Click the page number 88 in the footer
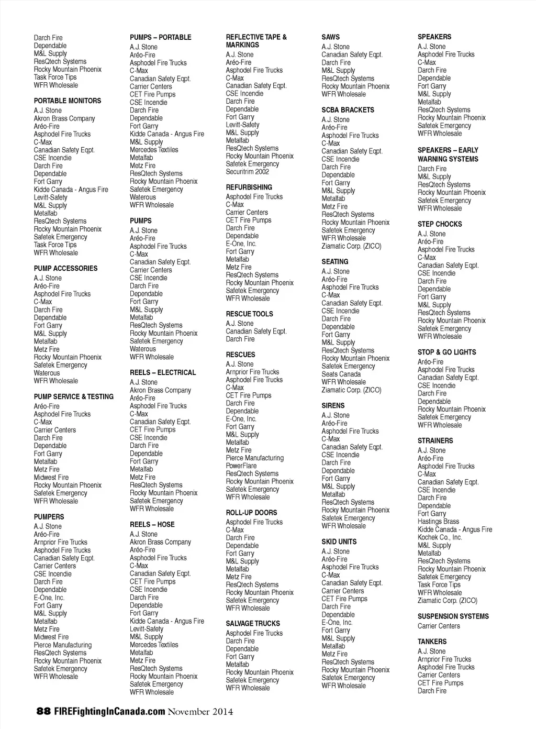point(43,711)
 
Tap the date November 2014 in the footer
point(200,711)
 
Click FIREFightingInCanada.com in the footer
point(109,711)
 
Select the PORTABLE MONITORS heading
point(68,101)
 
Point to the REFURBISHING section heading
point(249,187)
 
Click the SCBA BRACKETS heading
point(348,110)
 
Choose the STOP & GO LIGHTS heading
point(447,352)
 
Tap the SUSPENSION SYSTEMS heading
point(453,616)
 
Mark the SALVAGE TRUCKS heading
point(253,623)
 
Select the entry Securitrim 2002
point(247,172)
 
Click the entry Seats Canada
point(341,374)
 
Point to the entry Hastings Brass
point(438,522)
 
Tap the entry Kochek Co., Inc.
point(440,537)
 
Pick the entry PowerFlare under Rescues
point(241,466)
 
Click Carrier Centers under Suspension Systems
point(439,626)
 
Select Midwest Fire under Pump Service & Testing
point(51,477)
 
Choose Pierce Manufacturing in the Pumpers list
point(63,645)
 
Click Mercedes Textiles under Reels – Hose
point(154,645)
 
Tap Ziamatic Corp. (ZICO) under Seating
point(351,390)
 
